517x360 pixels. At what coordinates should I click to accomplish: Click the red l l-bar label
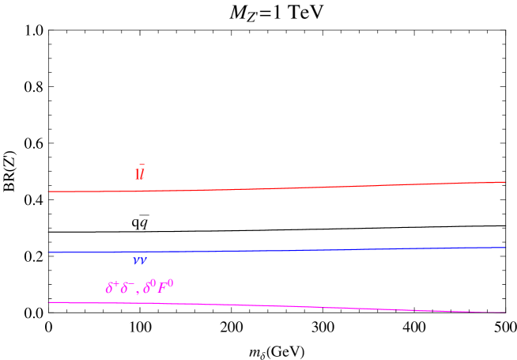point(140,174)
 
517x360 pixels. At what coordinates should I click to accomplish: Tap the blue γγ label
point(140,260)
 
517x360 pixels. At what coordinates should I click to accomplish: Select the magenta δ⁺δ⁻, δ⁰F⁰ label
point(139,287)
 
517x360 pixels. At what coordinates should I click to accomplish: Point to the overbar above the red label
point(142,165)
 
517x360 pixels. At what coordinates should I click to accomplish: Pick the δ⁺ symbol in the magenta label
point(111,288)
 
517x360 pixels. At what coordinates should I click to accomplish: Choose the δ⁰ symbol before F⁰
point(150,287)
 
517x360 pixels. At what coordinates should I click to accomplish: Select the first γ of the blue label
point(136,260)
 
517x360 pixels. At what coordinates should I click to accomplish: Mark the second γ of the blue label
point(144,260)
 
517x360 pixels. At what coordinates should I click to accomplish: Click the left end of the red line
point(48,191)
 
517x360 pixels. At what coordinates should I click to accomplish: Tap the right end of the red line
point(505,182)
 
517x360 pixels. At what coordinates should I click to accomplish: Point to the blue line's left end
point(48,252)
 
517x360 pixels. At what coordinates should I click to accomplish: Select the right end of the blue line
point(505,248)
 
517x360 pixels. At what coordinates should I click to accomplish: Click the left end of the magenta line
point(48,302)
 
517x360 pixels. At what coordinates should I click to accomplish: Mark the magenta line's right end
point(505,313)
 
